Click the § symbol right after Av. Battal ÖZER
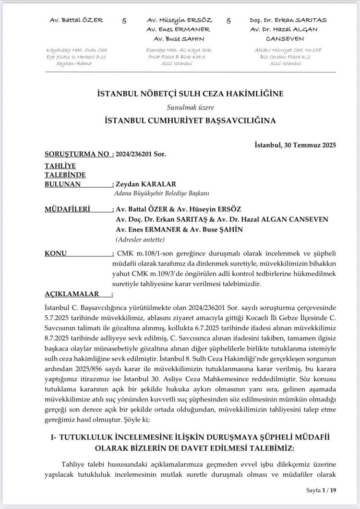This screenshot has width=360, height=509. click(124, 21)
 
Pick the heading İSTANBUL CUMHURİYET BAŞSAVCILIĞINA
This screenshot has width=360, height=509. click(190, 121)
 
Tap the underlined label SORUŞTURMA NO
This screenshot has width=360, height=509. click(76, 155)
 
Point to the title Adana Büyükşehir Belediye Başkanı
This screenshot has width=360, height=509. click(162, 194)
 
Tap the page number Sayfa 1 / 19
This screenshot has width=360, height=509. click(322, 490)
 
